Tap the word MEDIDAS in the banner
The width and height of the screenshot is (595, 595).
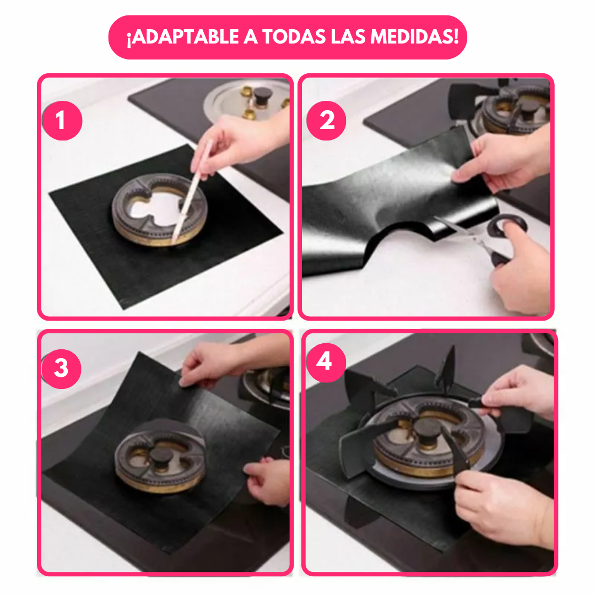tap(414, 37)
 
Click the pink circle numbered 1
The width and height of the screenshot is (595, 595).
tap(62, 121)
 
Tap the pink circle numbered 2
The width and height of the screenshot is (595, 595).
tap(326, 121)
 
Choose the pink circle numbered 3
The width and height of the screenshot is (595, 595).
tap(61, 369)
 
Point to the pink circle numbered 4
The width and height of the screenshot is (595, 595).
tap(326, 363)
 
